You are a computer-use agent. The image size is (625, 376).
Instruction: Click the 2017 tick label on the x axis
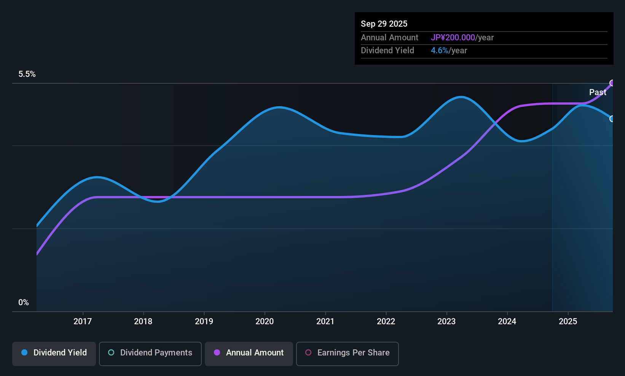[x=83, y=321]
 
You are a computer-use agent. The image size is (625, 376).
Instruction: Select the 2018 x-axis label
[x=143, y=321]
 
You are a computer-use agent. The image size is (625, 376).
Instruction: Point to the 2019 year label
[x=204, y=321]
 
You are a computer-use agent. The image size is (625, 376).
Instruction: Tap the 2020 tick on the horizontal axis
[x=265, y=321]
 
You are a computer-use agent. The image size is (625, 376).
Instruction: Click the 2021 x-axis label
[x=325, y=321]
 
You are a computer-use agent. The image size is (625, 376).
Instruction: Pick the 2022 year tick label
[x=386, y=321]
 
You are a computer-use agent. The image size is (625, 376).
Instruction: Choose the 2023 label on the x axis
[x=446, y=321]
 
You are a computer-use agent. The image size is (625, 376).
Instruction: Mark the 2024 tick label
[x=507, y=321]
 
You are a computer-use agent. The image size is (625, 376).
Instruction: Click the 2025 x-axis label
[x=568, y=321]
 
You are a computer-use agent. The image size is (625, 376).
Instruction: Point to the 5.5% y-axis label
[x=27, y=74]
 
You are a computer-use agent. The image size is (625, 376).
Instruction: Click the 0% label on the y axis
[x=24, y=303]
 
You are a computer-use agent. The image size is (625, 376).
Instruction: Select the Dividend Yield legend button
[x=54, y=353]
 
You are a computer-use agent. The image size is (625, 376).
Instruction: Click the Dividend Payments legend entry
[x=150, y=353]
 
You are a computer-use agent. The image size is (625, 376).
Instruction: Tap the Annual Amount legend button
[x=249, y=353]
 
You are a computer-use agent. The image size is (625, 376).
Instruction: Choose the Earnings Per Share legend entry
[x=348, y=353]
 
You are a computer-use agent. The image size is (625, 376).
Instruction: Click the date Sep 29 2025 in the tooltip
[x=384, y=24]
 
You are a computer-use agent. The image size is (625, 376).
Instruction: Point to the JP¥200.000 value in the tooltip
[x=453, y=38]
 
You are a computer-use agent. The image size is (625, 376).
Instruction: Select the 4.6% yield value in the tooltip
[x=440, y=51]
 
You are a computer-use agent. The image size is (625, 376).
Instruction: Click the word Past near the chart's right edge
[x=598, y=92]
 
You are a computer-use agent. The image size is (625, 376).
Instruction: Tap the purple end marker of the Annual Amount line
[x=612, y=83]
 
